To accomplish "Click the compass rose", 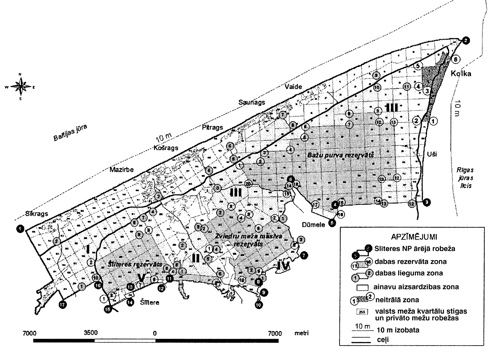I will (20, 87).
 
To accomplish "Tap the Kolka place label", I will (461, 73).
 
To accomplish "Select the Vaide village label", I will (293, 87).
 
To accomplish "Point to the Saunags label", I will (252, 103).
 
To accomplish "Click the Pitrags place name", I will (212, 128).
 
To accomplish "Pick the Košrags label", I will (166, 148).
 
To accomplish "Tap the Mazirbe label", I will (122, 170).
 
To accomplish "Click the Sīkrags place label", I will (37, 214).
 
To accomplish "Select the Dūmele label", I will (313, 225).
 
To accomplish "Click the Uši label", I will (432, 154).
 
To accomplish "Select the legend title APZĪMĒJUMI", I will (411, 236).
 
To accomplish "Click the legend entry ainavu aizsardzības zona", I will (416, 287).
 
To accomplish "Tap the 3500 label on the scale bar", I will (91, 333).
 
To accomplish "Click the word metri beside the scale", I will (301, 333).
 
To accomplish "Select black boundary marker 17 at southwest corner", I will (62, 305).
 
